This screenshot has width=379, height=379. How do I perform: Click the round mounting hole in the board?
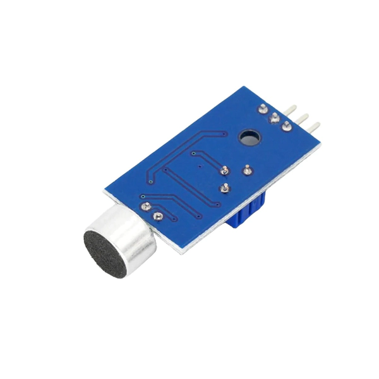pyautogui.click(x=248, y=136)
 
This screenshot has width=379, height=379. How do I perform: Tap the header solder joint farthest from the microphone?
pyautogui.click(x=263, y=108)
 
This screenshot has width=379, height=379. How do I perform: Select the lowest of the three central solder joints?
pyautogui.click(x=224, y=188)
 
